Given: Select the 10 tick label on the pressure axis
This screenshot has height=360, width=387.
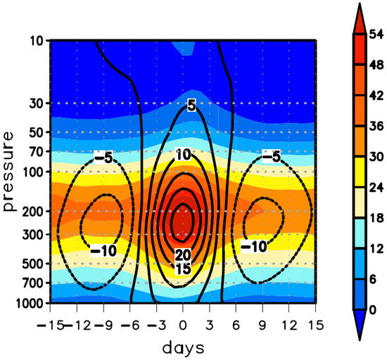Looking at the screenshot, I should coord(37,41).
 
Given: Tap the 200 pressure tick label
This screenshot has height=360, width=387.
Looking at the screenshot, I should coord(33,211).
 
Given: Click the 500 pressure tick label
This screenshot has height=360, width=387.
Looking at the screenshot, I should coord(33,264).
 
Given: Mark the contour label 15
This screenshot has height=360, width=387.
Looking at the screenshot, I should coord(183,268).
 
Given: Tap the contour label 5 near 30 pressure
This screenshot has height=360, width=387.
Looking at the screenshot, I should coord(190,105).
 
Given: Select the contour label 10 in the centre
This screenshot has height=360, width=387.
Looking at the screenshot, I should coord(183,155).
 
